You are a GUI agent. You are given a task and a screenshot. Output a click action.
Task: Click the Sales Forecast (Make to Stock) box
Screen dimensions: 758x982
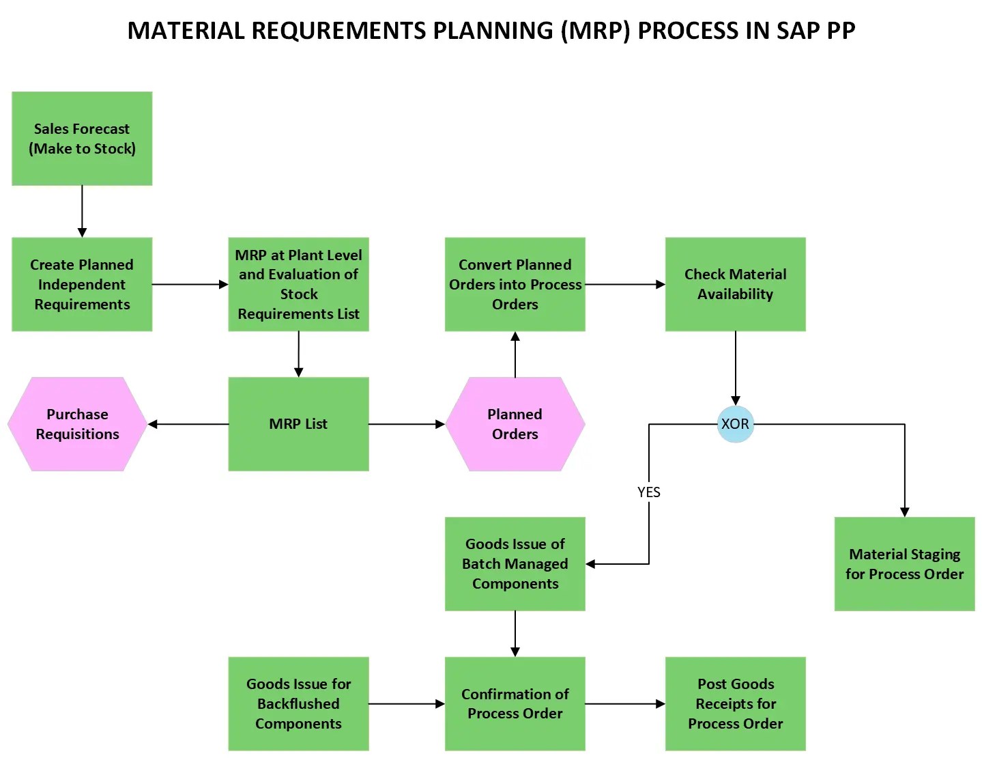(82, 139)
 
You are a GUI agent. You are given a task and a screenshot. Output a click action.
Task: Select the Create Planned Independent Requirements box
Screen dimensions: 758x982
(82, 284)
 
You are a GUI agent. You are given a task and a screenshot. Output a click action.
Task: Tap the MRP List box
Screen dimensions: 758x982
(298, 424)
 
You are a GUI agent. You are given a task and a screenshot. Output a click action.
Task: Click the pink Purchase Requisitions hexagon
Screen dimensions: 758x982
(77, 424)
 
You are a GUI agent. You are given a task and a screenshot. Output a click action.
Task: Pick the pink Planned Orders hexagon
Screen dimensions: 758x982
(515, 424)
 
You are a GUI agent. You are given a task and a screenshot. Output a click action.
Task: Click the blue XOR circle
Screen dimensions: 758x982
(735, 424)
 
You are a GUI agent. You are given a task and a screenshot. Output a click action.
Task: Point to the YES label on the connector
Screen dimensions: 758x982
(648, 492)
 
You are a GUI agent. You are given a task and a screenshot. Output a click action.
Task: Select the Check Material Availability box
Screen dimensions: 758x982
(735, 284)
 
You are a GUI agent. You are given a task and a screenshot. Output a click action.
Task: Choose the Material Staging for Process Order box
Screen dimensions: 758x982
(904, 564)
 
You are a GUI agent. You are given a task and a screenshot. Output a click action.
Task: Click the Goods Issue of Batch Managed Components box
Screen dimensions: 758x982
(515, 564)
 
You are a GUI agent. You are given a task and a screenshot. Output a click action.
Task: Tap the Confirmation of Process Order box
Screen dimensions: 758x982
(515, 703)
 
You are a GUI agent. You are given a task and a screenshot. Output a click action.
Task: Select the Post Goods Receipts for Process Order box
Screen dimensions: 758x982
(735, 703)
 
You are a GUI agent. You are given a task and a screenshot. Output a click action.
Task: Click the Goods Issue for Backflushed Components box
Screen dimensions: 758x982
(298, 703)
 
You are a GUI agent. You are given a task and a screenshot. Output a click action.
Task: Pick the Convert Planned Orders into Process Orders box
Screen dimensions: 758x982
(515, 284)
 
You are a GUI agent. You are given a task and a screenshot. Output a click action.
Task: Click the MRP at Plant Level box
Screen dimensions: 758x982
(298, 284)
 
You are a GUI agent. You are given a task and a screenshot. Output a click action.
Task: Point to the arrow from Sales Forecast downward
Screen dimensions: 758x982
(82, 211)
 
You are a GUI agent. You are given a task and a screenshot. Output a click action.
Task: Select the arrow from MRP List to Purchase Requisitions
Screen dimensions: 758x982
(188, 424)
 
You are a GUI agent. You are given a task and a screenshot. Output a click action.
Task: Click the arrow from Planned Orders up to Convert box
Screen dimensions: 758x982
(515, 354)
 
